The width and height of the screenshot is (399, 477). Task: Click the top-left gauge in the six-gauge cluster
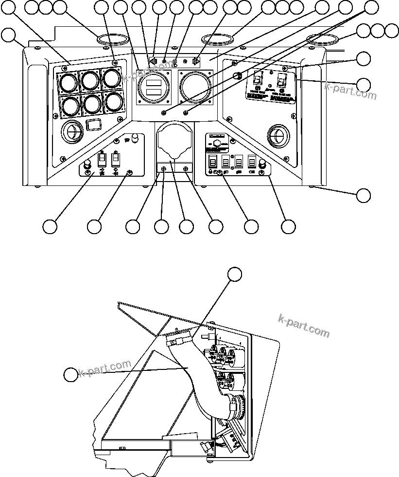tap(68, 82)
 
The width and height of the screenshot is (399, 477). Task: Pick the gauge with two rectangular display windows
tap(154, 89)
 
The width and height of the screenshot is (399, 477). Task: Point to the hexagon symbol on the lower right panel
tap(218, 145)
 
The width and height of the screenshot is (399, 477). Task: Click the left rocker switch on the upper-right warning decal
tap(259, 78)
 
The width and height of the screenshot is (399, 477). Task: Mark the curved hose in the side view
tap(199, 380)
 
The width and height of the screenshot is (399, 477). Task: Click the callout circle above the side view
tap(235, 274)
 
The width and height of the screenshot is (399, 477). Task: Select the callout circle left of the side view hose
tap(71, 375)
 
